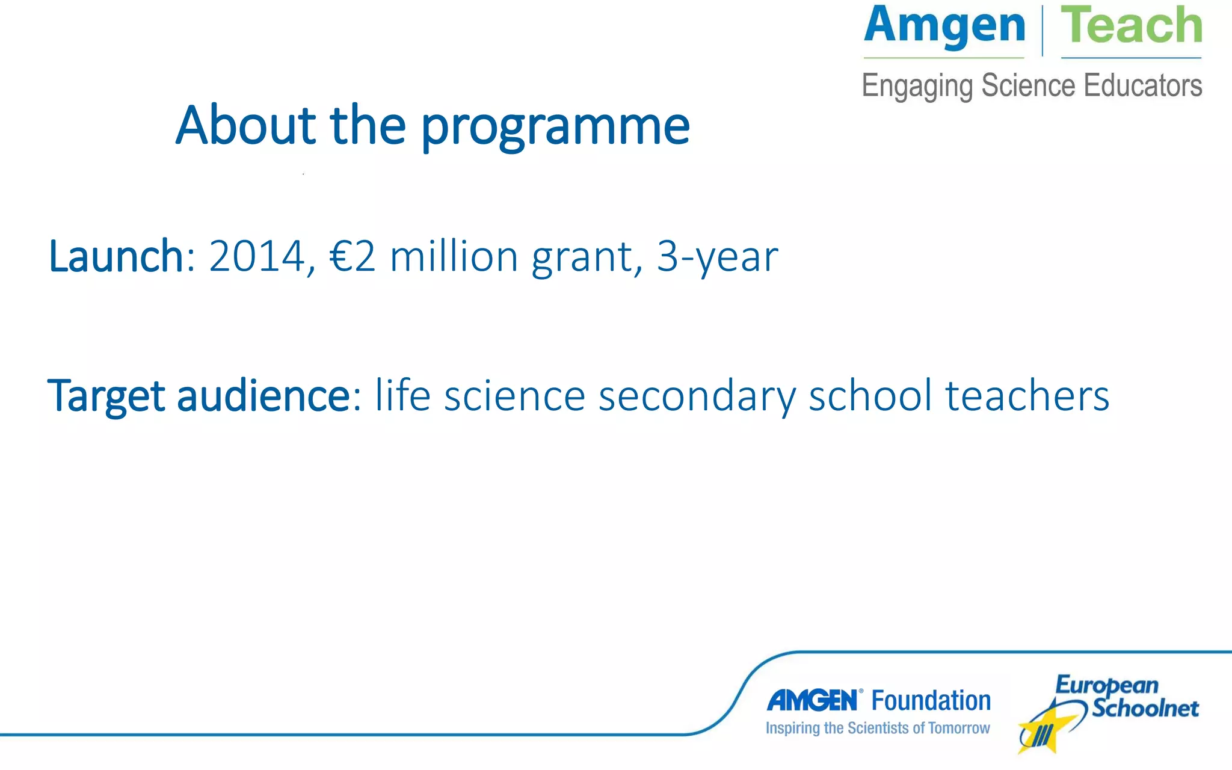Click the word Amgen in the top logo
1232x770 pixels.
tap(944, 27)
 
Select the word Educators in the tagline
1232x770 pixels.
tap(1142, 85)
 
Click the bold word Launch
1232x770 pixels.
tap(115, 257)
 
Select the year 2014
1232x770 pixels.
tap(257, 257)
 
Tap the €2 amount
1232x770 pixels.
tap(353, 257)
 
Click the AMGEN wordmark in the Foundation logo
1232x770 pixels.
tap(813, 701)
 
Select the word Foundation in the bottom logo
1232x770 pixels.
tap(931, 701)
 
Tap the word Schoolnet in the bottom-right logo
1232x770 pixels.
tap(1145, 708)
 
